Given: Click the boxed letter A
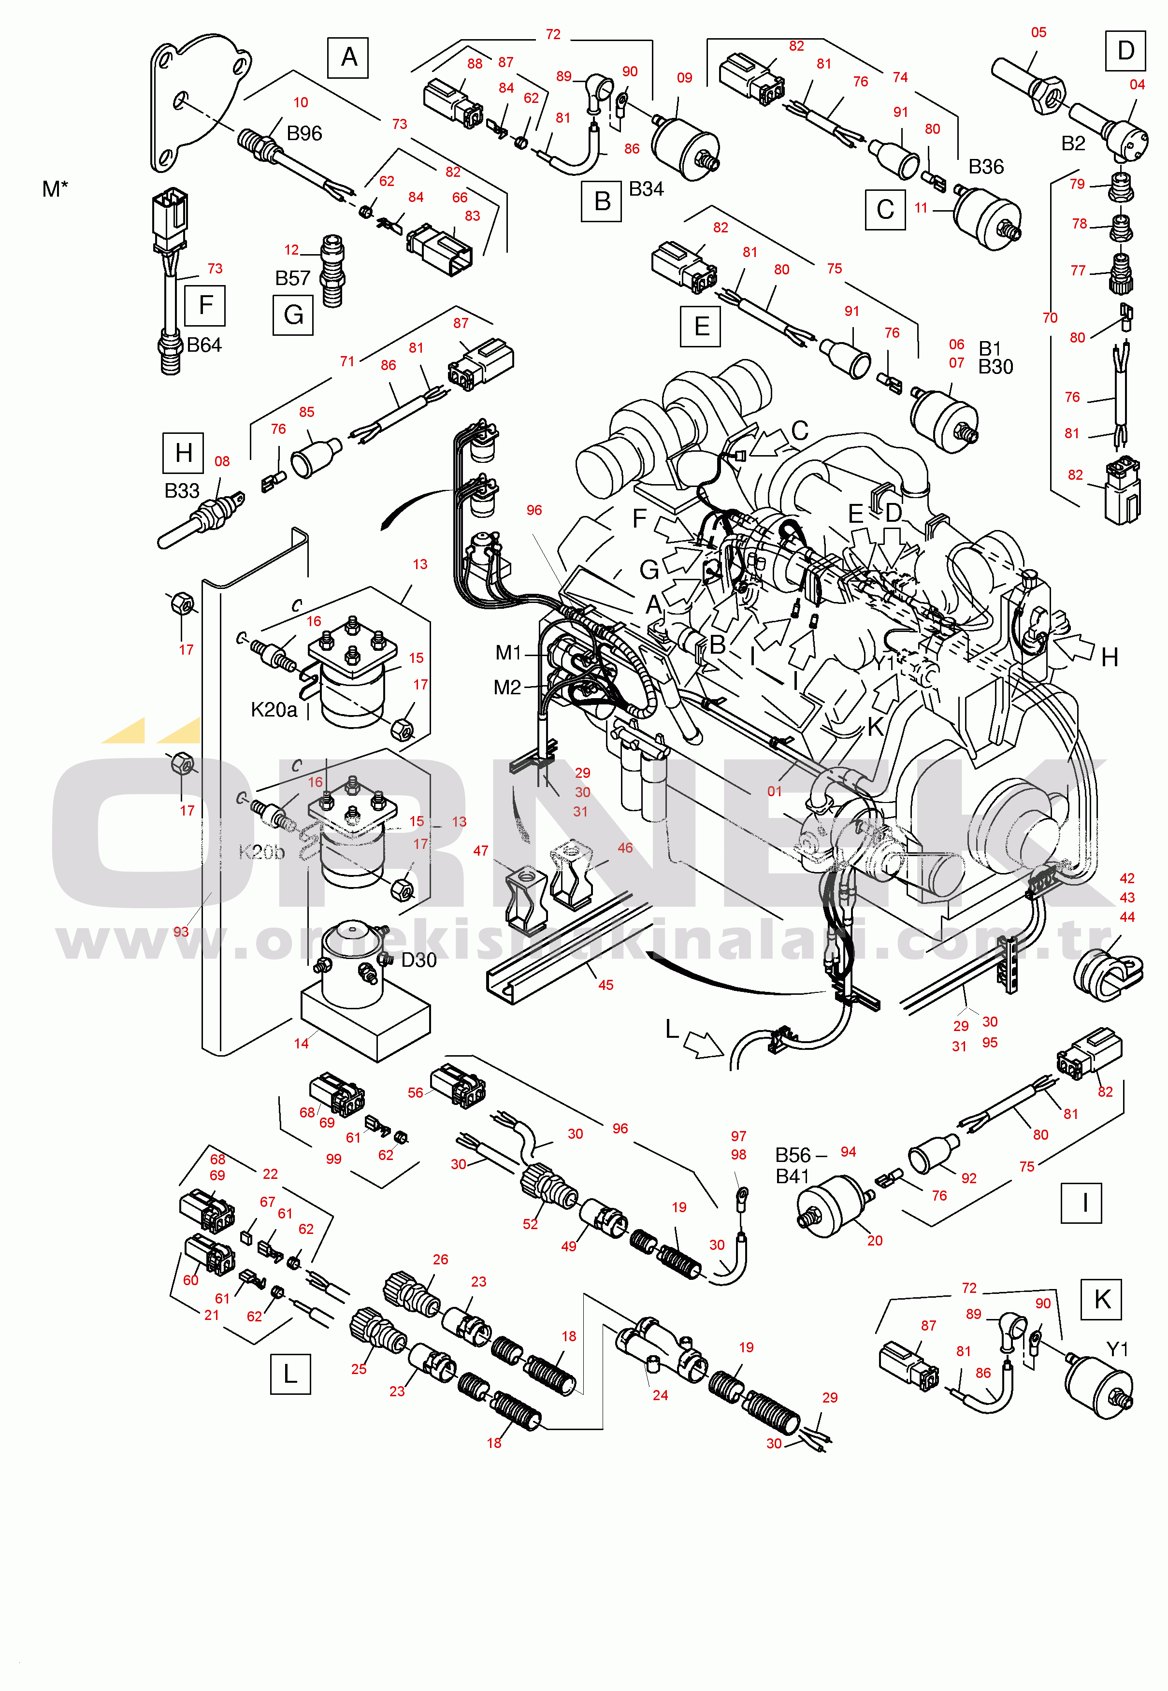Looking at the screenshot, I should tap(348, 57).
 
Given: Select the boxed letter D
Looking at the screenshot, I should tap(1125, 51).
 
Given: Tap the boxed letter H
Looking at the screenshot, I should tap(183, 453).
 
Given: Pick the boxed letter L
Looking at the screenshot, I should tap(290, 1374).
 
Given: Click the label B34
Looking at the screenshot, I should tap(646, 189).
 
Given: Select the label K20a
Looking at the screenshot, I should tap(274, 710).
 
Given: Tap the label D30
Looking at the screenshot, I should tap(418, 960).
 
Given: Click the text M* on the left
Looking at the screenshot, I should tap(55, 189).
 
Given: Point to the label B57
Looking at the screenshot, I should tap(293, 278).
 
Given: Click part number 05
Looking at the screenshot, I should tap(1038, 32).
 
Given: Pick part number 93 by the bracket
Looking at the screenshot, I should tap(181, 931).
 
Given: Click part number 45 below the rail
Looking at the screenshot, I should tap(605, 985).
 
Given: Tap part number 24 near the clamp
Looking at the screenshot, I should tap(660, 1395).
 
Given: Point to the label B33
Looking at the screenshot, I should tap(182, 490).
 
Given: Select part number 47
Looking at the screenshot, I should tap(480, 850).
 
